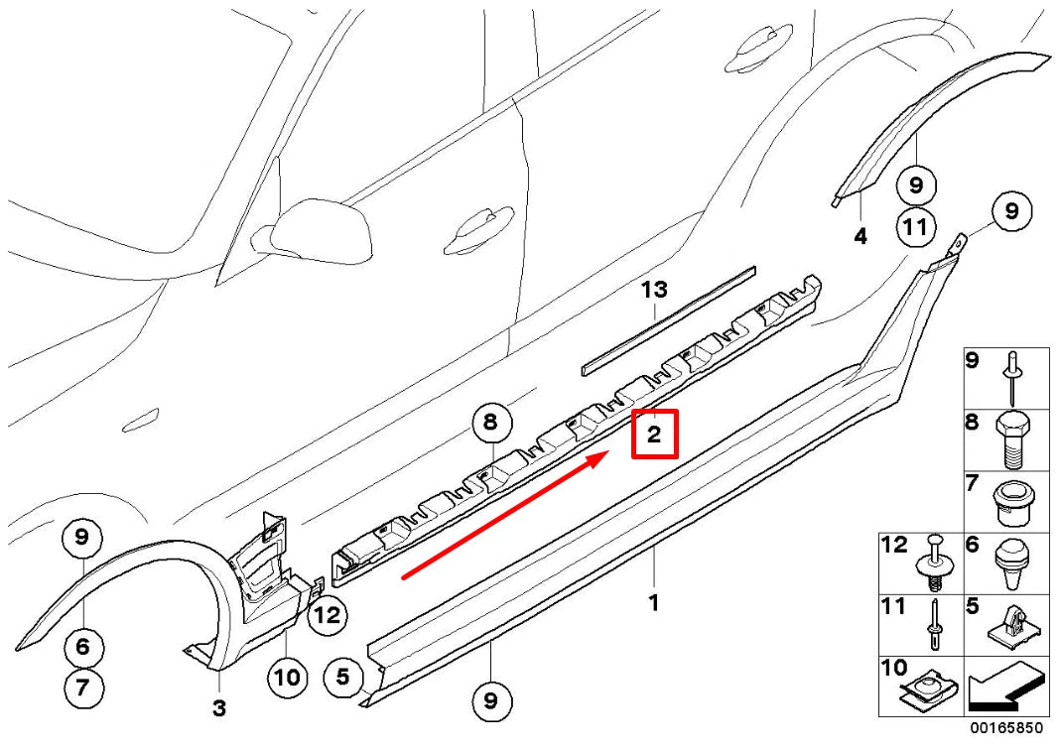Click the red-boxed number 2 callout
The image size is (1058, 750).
pos(654,435)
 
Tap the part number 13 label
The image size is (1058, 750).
pos(654,290)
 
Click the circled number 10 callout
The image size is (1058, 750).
pos(286,677)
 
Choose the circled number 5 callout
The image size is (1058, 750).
pos(342,679)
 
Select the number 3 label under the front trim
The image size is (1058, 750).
pos(219,708)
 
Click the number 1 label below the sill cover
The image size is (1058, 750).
pos(653,602)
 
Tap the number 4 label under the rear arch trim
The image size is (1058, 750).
pos(860,236)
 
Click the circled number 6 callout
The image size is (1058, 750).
pos(82,648)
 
